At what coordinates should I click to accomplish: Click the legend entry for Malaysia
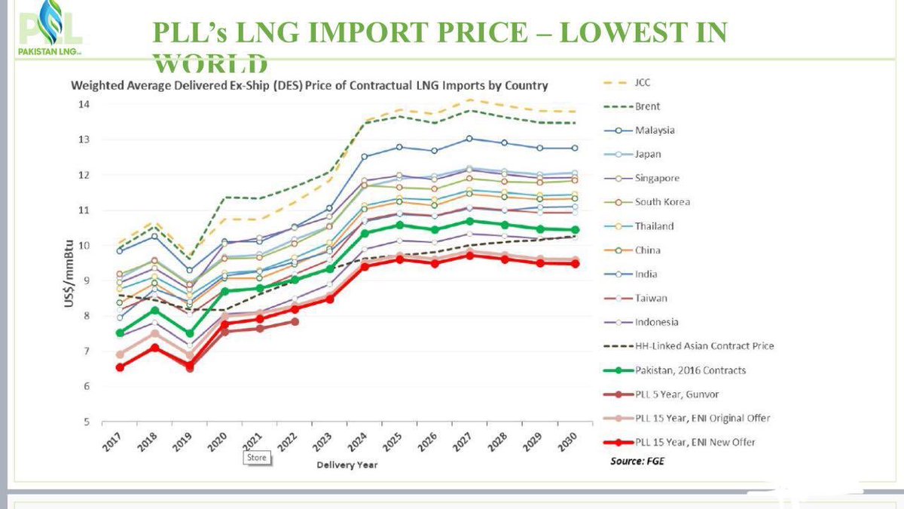[652, 130]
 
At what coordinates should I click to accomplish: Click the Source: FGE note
[637, 460]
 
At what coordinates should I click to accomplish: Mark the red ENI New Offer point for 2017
[120, 367]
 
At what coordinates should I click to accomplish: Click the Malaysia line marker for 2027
[469, 139]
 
